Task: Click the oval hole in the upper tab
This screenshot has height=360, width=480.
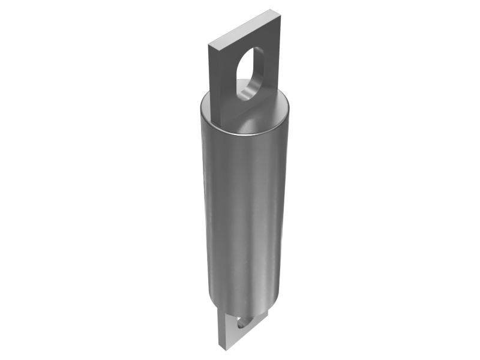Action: pos(249,73)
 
